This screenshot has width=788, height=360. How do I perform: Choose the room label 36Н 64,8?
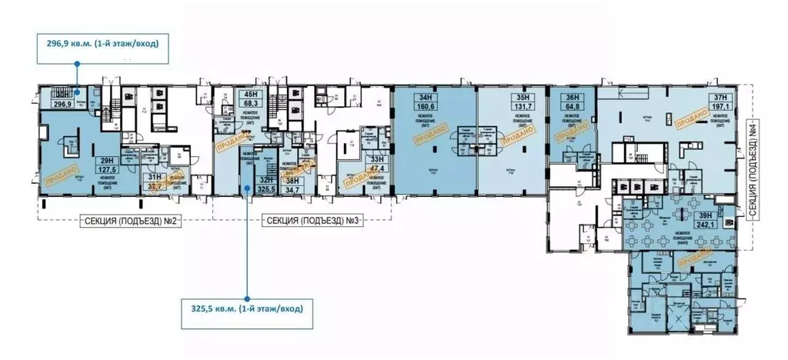point(571,102)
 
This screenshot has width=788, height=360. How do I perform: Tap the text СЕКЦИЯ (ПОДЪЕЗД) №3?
point(312,221)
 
